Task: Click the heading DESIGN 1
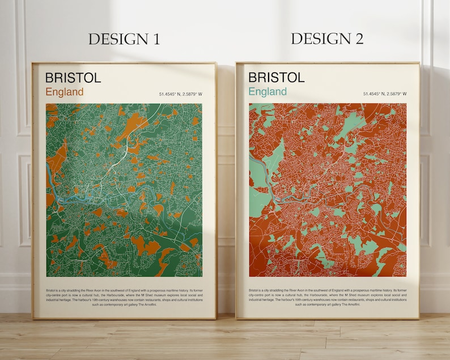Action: [x=124, y=39]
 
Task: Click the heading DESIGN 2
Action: [x=327, y=39]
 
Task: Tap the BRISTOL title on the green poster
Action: [x=73, y=78]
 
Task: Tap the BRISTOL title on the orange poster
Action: [x=277, y=78]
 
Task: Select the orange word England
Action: [x=65, y=92]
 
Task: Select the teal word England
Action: [x=268, y=92]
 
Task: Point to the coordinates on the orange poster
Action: [x=385, y=94]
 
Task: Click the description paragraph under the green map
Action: [x=124, y=297]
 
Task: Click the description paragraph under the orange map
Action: [x=327, y=297]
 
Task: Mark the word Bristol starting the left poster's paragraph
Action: [x=52, y=290]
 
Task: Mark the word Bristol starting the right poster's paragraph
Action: [x=255, y=290]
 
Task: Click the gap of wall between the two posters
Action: [x=226, y=187]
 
